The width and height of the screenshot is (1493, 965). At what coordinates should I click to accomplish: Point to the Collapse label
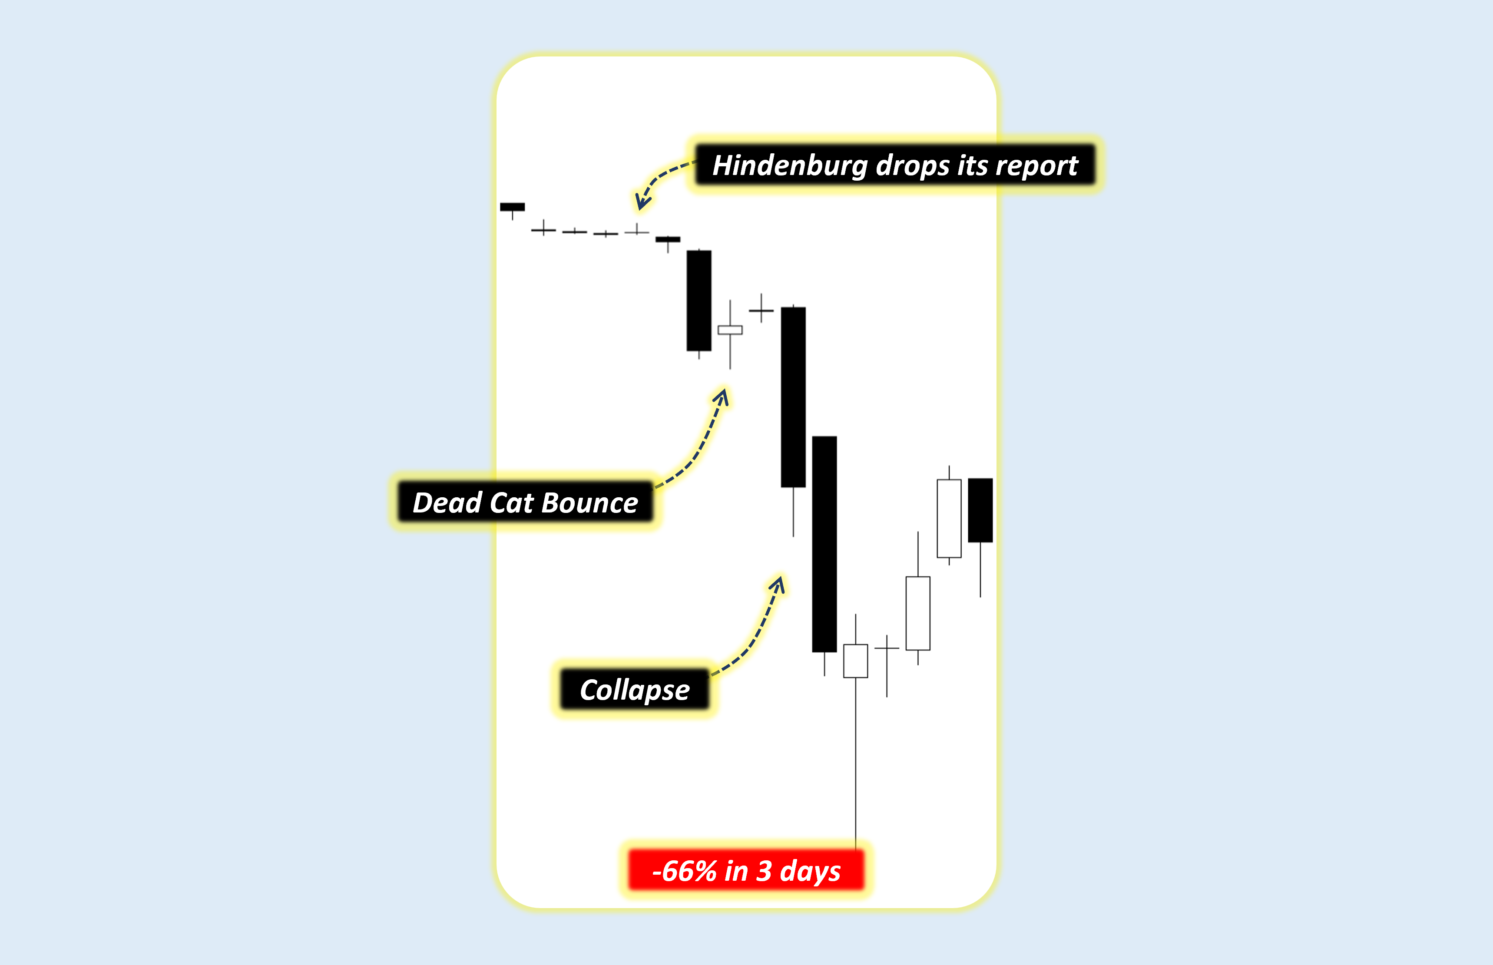coord(634,690)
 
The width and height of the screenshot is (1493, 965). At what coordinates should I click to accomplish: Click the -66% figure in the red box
coord(685,871)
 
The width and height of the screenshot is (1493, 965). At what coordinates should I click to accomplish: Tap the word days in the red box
coord(810,871)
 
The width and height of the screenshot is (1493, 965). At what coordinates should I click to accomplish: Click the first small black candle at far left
coord(512,207)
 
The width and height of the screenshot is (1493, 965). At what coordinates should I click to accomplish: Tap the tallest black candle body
coord(824,544)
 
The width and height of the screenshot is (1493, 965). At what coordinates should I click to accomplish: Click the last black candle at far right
coord(980,510)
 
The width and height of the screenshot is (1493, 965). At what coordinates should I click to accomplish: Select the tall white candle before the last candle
coord(949,518)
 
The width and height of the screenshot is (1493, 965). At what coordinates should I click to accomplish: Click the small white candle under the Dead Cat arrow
coord(730,330)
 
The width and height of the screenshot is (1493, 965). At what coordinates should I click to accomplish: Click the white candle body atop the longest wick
coord(856,661)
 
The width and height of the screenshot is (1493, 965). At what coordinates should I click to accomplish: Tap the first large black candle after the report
coord(699,301)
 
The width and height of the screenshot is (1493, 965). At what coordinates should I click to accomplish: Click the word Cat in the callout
coord(511,502)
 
